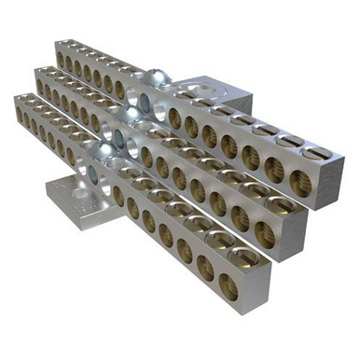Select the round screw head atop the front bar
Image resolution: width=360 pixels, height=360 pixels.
110,150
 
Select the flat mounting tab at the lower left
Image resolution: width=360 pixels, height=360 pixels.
70,198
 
